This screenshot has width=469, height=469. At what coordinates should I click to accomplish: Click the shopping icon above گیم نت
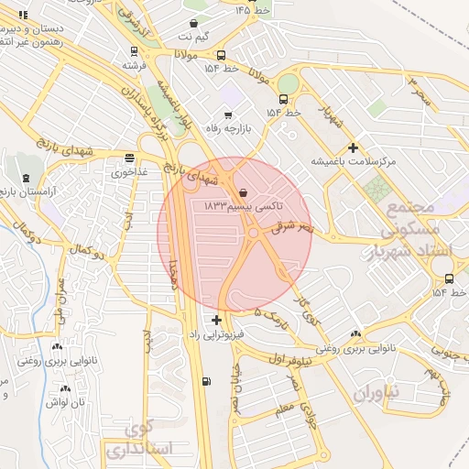click(x=193, y=24)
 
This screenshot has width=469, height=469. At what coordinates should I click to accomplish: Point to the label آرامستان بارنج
click(x=28, y=192)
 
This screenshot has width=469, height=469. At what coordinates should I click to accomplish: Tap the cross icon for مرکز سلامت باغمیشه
click(x=353, y=147)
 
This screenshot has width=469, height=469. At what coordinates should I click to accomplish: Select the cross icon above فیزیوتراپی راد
click(x=216, y=320)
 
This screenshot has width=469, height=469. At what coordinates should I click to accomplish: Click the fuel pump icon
click(x=206, y=381)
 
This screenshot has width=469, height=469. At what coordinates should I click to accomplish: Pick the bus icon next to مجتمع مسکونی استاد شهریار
click(x=449, y=278)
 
